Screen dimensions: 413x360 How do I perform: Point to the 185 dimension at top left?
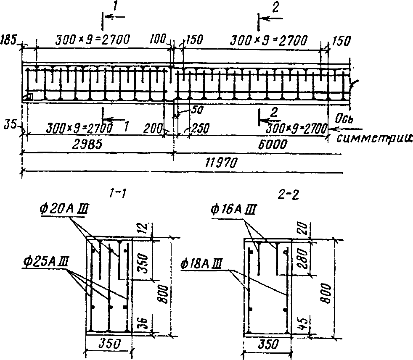point(8,40)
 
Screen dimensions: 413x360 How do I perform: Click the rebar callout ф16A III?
point(233,209)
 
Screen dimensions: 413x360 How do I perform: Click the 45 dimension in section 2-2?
point(304,323)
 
